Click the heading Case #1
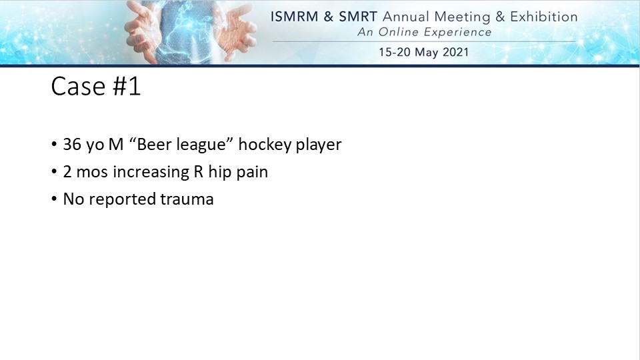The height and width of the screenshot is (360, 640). [x=96, y=87]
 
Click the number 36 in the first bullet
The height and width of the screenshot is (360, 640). [x=72, y=145]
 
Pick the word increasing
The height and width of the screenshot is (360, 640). [x=151, y=173]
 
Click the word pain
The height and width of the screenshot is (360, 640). [x=252, y=173]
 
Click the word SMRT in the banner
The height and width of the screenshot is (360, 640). [x=357, y=17]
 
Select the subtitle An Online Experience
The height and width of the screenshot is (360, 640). [x=425, y=32]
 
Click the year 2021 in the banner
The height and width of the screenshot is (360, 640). [x=455, y=52]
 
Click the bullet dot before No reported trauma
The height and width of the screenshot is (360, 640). [x=54, y=199]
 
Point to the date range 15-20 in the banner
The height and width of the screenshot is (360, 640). [x=394, y=52]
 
